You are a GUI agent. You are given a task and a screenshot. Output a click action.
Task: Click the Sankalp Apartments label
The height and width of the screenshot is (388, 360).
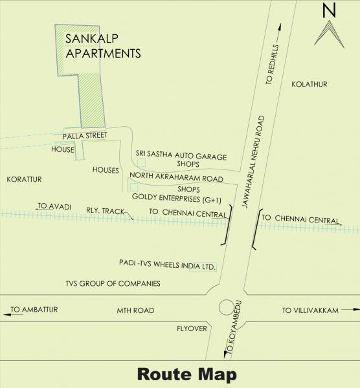[x=103, y=46]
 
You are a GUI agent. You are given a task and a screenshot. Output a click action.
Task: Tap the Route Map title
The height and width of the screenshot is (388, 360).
[x=186, y=374]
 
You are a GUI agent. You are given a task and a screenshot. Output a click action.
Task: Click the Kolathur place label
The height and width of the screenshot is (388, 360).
[x=309, y=85]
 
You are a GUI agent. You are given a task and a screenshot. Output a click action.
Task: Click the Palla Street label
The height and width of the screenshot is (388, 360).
[x=84, y=136]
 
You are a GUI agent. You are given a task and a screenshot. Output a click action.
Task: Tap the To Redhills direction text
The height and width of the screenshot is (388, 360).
[x=271, y=65]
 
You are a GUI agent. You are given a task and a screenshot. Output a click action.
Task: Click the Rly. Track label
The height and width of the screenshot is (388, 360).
[x=105, y=211]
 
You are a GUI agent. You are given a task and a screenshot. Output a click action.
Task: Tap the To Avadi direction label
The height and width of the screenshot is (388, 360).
[x=51, y=206]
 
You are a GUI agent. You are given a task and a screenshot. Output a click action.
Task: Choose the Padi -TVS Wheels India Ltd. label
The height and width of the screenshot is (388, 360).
[x=167, y=265]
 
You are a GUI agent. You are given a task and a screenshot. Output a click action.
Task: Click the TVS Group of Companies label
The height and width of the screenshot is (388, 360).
[x=113, y=283]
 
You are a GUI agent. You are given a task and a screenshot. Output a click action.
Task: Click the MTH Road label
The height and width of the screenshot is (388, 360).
[x=135, y=310]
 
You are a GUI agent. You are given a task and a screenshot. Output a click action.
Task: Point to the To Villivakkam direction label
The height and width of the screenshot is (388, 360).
[x=310, y=310]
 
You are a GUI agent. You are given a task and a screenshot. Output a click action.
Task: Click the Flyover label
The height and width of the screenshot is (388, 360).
[x=192, y=329]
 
